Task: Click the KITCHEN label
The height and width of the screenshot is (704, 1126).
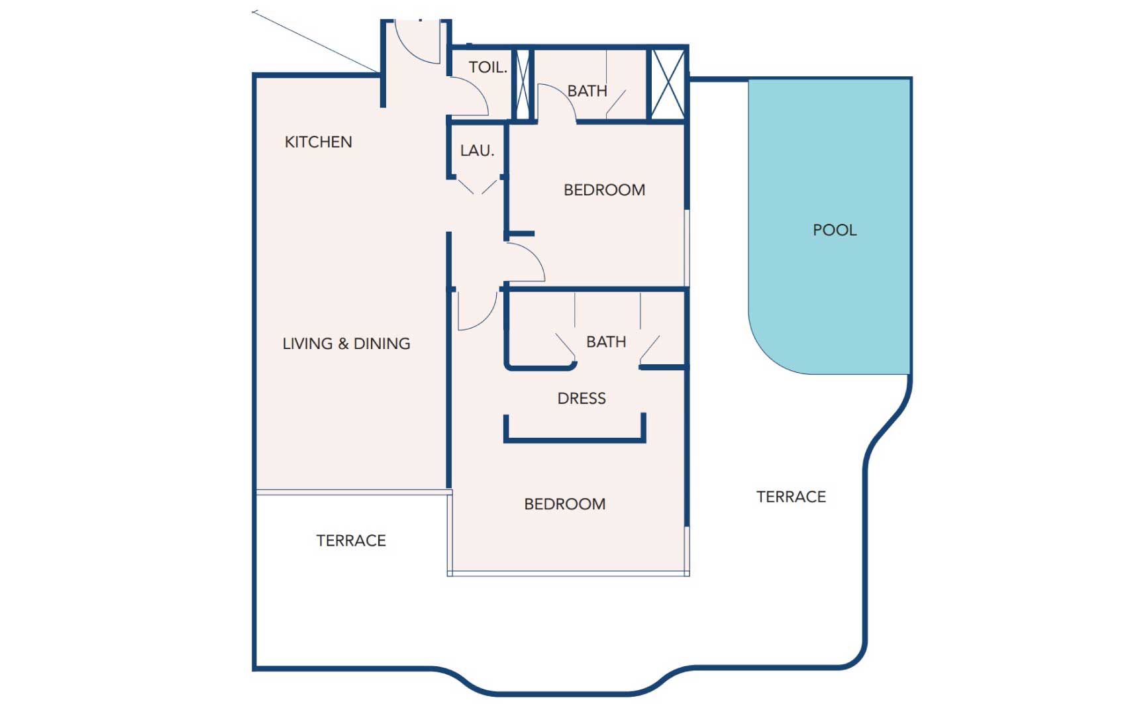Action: [x=318, y=142]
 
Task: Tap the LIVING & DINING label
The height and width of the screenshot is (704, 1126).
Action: [x=346, y=344]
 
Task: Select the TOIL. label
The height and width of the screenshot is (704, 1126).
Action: [x=487, y=67]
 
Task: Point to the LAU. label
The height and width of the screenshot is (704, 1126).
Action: [x=477, y=150]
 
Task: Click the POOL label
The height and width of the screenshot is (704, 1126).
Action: [x=835, y=230]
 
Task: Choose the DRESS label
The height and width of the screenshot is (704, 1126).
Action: [x=582, y=398]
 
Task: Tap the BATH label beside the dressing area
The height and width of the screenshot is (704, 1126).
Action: [x=606, y=342]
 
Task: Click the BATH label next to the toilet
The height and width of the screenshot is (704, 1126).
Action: [x=587, y=91]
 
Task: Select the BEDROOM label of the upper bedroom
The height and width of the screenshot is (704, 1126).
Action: [x=604, y=190]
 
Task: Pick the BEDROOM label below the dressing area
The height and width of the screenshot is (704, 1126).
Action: [x=564, y=504]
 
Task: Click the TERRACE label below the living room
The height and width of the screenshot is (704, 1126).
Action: [x=351, y=540]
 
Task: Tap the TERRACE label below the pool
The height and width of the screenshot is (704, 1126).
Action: [x=791, y=497]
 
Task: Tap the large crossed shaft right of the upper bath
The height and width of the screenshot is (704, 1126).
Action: [x=668, y=84]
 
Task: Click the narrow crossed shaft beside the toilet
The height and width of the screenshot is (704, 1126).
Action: [x=523, y=84]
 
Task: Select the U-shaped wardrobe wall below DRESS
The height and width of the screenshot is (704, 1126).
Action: [x=574, y=437]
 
